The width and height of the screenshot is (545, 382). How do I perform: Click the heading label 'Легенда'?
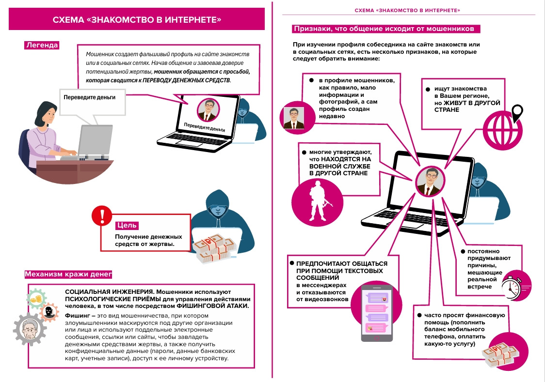pos(42,46)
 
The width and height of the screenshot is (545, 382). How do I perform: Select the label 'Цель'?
pos(127,225)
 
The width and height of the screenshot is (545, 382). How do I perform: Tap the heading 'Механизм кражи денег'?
pos(68,275)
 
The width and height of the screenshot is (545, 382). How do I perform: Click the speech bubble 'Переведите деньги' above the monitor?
pos(90,98)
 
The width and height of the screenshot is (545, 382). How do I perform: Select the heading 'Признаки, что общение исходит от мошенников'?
pos(386,29)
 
